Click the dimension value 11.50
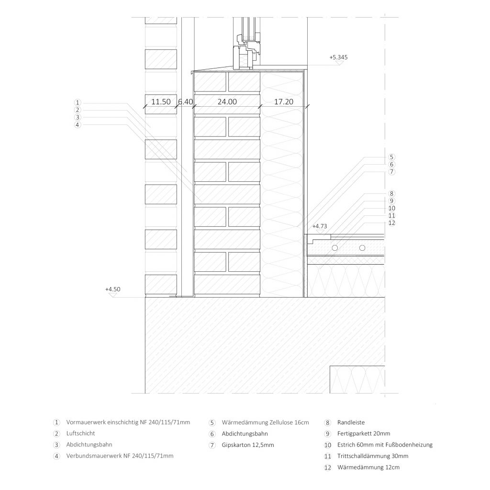(161, 101)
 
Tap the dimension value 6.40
(185, 101)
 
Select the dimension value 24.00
(227, 101)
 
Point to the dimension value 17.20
(284, 101)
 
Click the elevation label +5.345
(338, 57)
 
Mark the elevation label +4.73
(320, 226)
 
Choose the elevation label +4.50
(113, 290)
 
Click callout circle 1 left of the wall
(78, 102)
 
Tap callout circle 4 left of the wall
(78, 125)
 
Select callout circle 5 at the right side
(391, 157)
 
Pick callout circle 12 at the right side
(391, 223)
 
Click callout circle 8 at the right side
(391, 193)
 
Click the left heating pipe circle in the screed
(335, 248)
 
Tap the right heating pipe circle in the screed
(362, 248)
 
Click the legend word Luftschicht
(80, 434)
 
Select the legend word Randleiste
(351, 423)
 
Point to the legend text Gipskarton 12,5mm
(248, 445)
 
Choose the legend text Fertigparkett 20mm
(364, 434)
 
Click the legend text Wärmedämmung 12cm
(368, 468)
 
